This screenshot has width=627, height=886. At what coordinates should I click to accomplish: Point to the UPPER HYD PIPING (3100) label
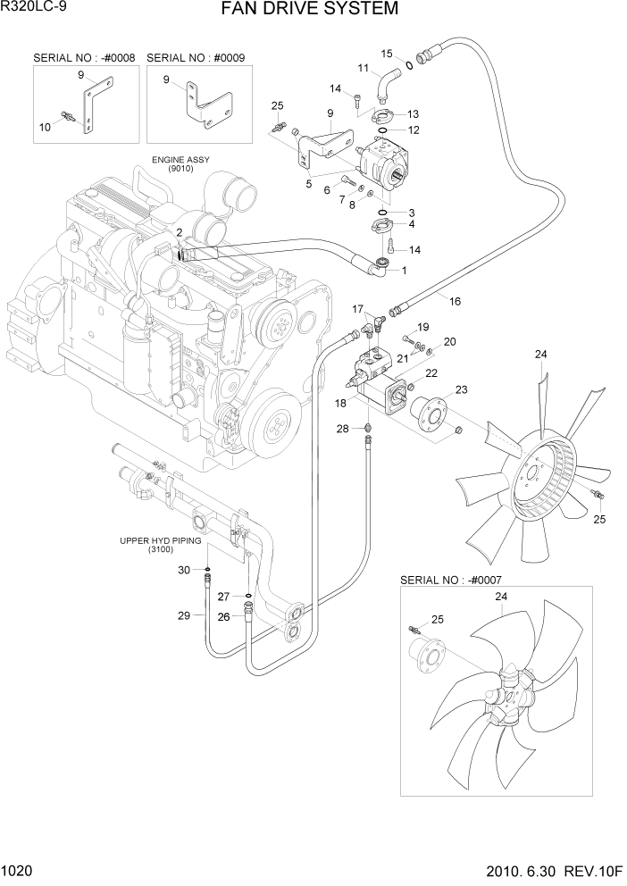click(163, 546)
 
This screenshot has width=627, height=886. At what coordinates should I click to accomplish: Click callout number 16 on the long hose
click(455, 302)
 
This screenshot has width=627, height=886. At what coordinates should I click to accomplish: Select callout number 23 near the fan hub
click(462, 389)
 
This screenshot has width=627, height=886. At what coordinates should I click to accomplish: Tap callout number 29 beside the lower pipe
click(183, 615)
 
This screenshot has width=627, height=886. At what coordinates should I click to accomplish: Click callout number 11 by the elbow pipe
click(364, 68)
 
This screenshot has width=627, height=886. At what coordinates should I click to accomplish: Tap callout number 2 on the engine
click(180, 232)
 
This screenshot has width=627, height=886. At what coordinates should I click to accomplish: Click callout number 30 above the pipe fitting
click(183, 570)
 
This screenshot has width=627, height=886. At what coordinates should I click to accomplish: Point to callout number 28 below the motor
click(342, 430)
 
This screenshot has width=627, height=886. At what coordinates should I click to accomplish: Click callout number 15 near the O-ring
click(386, 53)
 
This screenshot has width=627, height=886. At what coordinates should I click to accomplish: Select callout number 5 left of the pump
click(308, 184)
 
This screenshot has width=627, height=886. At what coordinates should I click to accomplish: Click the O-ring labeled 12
click(381, 130)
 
